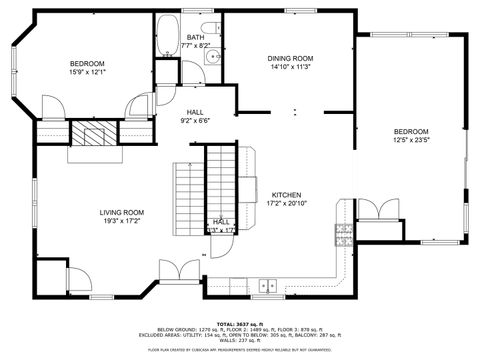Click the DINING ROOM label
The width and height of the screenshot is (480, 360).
[290, 58]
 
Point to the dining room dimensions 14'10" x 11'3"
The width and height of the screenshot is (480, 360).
[290, 67]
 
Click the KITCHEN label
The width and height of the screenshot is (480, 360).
[286, 194]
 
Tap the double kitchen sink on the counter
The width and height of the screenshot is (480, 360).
[267, 285]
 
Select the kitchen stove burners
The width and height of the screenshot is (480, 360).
[344, 235]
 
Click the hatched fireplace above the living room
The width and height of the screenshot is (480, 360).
[94, 137]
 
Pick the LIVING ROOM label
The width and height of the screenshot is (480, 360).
[121, 212]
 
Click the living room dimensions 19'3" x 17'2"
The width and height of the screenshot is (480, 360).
[121, 221]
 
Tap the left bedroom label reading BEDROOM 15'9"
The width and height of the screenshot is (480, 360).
[87, 67]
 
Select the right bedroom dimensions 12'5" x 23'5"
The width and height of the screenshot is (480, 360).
[410, 141]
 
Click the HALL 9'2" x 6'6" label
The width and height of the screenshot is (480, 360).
[196, 116]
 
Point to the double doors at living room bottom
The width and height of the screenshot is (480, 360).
[181, 270]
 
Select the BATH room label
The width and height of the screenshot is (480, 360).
[195, 37]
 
